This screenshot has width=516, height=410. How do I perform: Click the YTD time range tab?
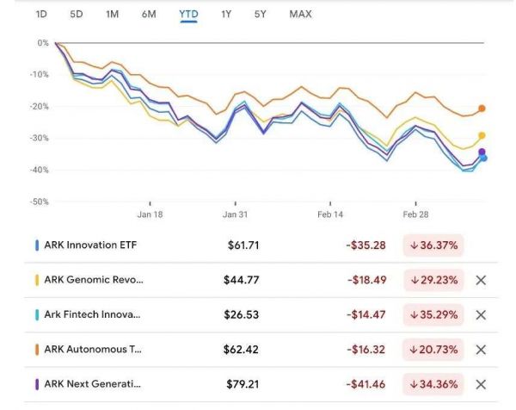tap(187, 14)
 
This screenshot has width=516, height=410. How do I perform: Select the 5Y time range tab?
tap(260, 14)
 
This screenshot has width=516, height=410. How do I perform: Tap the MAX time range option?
tap(300, 14)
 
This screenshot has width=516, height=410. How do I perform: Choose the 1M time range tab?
tap(112, 14)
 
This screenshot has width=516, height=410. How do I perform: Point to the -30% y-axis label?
tap(38, 138)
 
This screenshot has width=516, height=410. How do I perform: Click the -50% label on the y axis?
tap(38, 202)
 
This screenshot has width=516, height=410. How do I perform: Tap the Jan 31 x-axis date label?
tap(235, 214)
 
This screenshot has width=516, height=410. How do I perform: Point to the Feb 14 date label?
tap(329, 214)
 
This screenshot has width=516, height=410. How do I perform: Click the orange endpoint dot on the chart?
tap(482, 109)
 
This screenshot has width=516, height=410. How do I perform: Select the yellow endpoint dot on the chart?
tap(482, 135)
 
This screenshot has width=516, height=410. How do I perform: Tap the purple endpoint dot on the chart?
tap(482, 152)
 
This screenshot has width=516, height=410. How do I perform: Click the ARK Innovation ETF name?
tap(90, 245)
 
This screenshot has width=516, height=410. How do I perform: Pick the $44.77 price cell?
tap(243, 280)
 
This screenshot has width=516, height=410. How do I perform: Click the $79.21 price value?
tap(243, 384)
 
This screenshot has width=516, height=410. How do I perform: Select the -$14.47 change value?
tap(365, 314)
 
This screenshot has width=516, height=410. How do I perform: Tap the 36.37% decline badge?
tap(433, 245)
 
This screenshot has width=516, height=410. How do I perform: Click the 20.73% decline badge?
tap(433, 350)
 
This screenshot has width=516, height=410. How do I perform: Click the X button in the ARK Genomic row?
tap(481, 280)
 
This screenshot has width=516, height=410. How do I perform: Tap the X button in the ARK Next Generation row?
tap(481, 384)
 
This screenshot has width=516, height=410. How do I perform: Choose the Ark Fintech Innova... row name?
tap(92, 314)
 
